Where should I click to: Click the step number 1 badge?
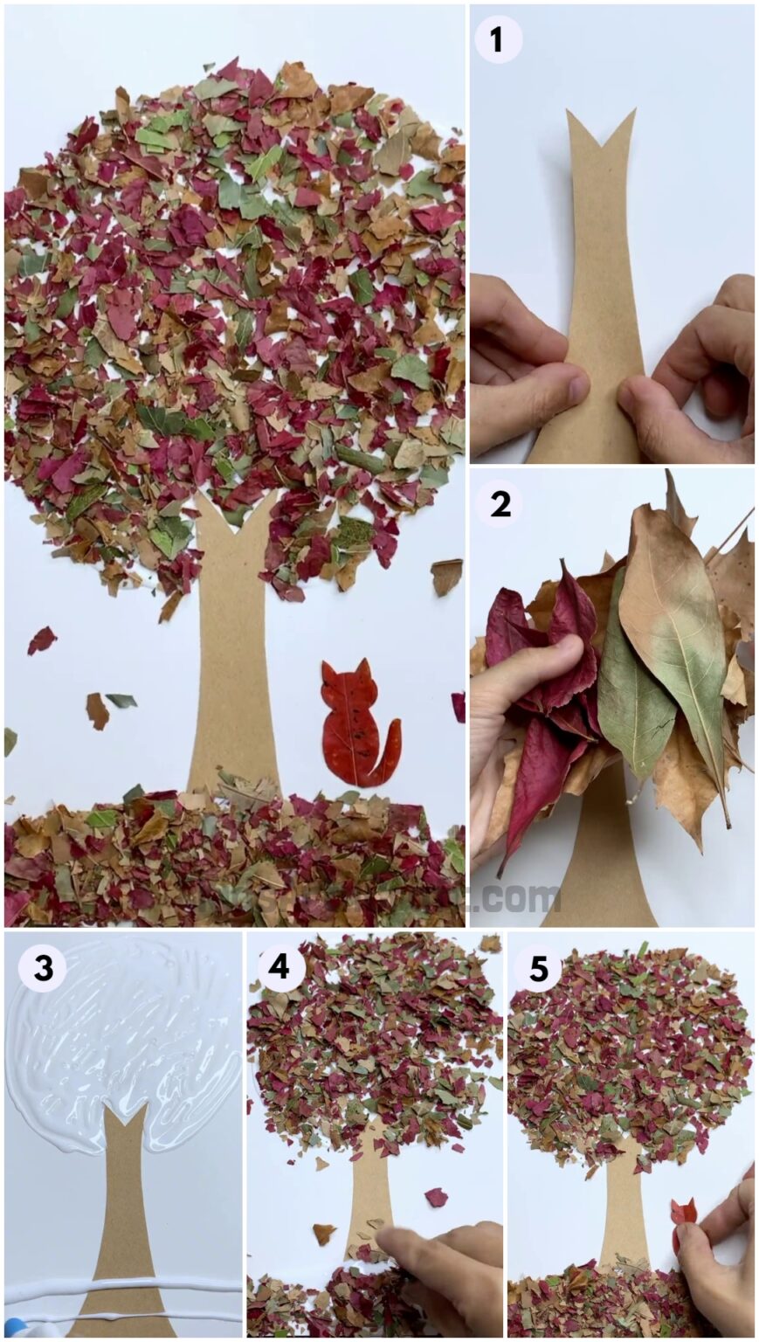(x=498, y=39)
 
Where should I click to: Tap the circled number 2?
(x=500, y=504)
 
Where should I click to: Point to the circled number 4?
(x=279, y=966)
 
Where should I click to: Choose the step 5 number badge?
(x=539, y=968)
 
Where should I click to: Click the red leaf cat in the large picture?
(x=354, y=722)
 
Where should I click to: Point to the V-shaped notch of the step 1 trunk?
(x=600, y=131)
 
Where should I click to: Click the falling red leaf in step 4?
(x=436, y=1197)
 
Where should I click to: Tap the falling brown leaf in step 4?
(x=324, y=1233)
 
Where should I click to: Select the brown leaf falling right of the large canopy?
(x=446, y=577)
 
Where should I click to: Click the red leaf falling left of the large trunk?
(x=40, y=640)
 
